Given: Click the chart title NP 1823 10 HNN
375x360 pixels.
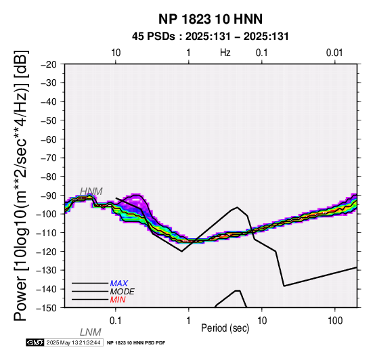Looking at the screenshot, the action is point(211,19).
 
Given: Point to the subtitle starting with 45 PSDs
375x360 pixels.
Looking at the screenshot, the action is point(211,37).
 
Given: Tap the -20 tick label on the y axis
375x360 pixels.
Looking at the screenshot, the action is point(49,64).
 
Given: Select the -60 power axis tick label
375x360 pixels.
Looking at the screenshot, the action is point(49,139).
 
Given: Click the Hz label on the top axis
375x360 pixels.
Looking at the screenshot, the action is point(225,52).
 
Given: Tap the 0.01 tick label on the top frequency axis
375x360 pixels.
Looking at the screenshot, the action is point(334,53).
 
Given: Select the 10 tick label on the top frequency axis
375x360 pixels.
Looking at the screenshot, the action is point(116,53).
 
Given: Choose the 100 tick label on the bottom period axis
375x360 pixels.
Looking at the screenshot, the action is point(335,321).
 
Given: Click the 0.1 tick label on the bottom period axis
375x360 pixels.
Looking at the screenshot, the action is point(116,321).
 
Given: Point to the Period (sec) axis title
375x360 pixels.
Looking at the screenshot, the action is point(225,328).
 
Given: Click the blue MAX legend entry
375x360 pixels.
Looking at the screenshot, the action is point(119,284).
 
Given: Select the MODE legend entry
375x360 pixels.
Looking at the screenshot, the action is point(122,292).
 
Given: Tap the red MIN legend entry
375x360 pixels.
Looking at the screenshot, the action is point(118,300).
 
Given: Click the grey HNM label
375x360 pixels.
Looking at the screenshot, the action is point(91,192).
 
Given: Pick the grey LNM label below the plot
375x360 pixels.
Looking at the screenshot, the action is point(91,332).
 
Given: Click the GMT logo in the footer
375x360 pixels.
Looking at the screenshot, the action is point(35,342).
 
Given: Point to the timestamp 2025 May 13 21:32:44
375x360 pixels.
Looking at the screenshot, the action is point(73,342).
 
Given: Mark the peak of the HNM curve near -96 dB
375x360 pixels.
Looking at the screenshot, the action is point(237,207).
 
